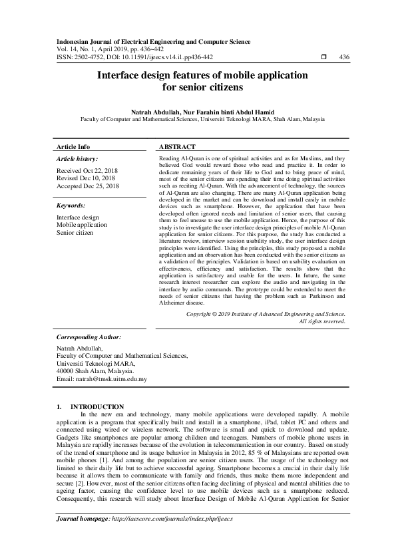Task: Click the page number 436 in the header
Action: click(x=344, y=57)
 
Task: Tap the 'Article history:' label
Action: click(x=77, y=159)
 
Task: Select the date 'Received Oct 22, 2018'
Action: click(x=88, y=171)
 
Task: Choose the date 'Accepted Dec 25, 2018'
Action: click(x=88, y=187)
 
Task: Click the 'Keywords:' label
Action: click(x=71, y=206)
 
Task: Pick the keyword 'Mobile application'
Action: click(x=82, y=225)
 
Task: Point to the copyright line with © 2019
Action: click(x=266, y=313)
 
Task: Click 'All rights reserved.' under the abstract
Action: click(x=322, y=321)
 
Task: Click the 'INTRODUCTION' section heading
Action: click(x=97, y=406)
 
